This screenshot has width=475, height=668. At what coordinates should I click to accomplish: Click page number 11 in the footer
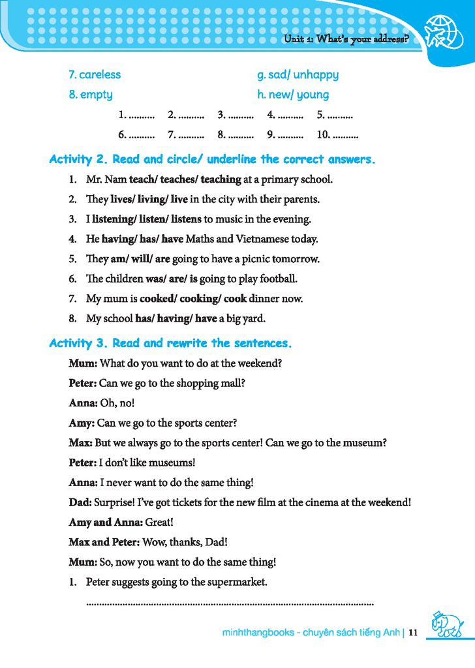click(412, 632)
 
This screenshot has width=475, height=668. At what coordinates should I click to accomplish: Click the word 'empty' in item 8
click(97, 95)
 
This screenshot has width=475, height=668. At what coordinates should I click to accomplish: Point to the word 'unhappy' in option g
click(316, 74)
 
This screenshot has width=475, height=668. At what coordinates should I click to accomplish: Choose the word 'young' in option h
click(313, 95)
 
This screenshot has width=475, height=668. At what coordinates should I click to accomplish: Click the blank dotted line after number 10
click(345, 135)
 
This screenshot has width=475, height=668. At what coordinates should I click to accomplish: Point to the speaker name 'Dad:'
click(80, 502)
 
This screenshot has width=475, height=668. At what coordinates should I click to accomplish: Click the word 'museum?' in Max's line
click(365, 443)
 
